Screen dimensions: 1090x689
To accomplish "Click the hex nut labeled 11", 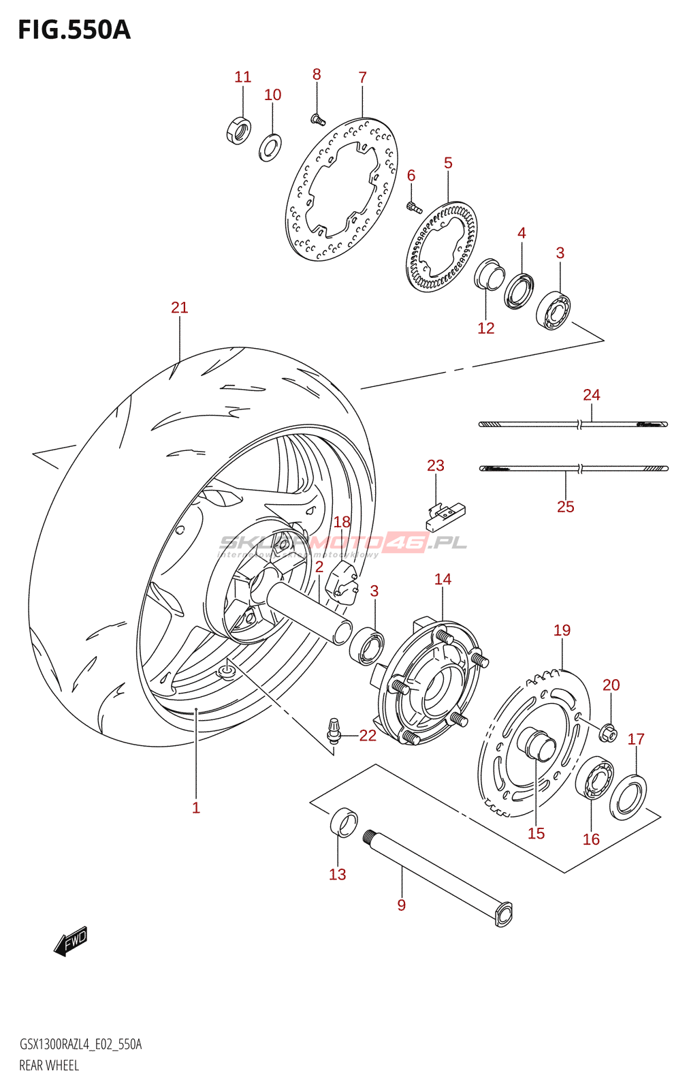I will (x=238, y=129).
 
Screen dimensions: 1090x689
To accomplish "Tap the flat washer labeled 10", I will (x=270, y=147).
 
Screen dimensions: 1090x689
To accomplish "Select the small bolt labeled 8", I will (x=317, y=121).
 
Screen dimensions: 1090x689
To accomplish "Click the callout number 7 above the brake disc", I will (x=362, y=78).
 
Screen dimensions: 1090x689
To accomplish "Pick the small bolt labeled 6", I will (x=413, y=206).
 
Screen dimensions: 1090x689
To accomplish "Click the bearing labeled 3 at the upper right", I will (x=553, y=311).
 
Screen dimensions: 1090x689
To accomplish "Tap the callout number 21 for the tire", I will (x=179, y=308).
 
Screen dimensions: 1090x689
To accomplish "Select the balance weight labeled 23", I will (x=445, y=516).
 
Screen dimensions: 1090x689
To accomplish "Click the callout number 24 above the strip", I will (x=591, y=395).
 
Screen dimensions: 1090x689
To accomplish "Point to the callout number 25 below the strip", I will (x=565, y=507).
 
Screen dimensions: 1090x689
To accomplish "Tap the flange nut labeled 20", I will (x=610, y=733).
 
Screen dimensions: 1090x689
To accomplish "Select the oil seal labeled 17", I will (x=628, y=796).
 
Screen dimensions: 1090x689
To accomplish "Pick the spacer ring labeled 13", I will (x=344, y=822).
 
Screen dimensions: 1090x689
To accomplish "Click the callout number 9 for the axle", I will (x=402, y=905).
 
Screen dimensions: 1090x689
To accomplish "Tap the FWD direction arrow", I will (x=71, y=941).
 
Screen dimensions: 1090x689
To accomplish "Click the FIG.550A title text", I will (x=74, y=30).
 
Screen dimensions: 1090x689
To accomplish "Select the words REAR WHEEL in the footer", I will (x=49, y=1065).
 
